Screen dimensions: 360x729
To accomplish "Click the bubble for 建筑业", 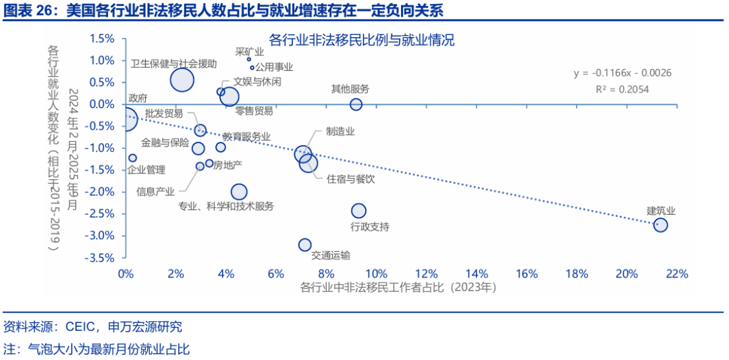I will pyautogui.click(x=660, y=225).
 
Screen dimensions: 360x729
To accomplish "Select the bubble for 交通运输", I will pyautogui.click(x=305, y=245).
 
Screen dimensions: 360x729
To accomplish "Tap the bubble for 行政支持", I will pyautogui.click(x=358, y=211).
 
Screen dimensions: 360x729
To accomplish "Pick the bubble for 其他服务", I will pyautogui.click(x=356, y=104).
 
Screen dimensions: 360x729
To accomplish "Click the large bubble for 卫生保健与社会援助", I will pyautogui.click(x=182, y=80).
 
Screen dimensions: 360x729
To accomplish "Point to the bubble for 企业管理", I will pyautogui.click(x=133, y=158).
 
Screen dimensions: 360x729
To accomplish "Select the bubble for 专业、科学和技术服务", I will pyautogui.click(x=239, y=192).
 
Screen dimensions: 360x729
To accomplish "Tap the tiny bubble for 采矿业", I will pyautogui.click(x=249, y=59).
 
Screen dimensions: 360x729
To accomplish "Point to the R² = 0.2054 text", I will pyautogui.click(x=622, y=88).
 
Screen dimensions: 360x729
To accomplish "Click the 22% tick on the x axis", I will pyautogui.click(x=676, y=274).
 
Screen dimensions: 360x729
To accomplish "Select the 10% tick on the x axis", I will pyautogui.click(x=376, y=274).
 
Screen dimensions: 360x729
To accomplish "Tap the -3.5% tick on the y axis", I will pyautogui.click(x=102, y=257).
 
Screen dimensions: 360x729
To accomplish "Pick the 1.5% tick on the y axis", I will pyautogui.click(x=102, y=38).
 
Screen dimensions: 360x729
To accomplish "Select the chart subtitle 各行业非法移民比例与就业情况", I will pyautogui.click(x=362, y=41).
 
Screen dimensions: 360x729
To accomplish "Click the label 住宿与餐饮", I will pyautogui.click(x=350, y=179).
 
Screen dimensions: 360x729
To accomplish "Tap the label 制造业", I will pyautogui.click(x=340, y=131).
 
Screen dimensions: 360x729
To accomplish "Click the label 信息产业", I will pyautogui.click(x=155, y=191).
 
